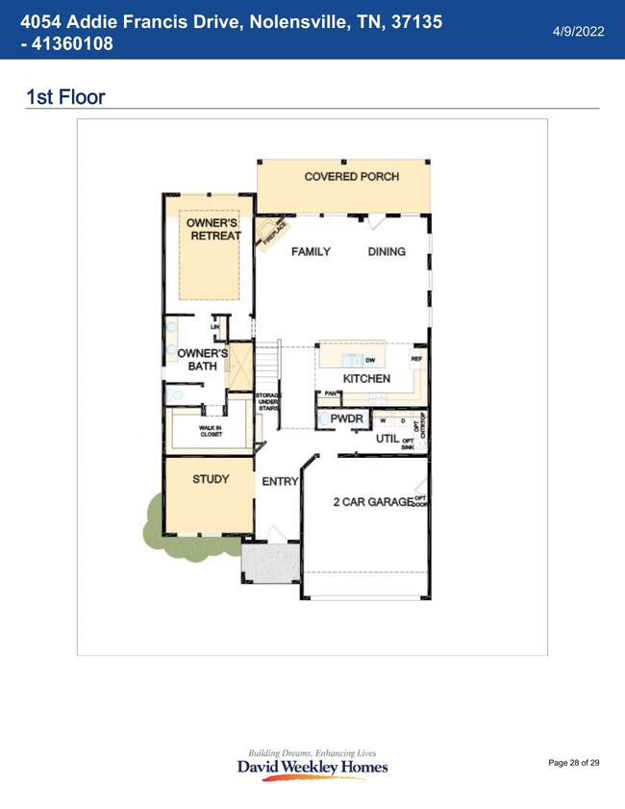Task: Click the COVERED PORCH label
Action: tap(351, 177)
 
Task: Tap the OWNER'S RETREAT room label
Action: tap(212, 230)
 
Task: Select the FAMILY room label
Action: tap(311, 252)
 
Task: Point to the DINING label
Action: tap(387, 252)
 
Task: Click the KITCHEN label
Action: tap(366, 379)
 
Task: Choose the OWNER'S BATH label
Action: tap(202, 360)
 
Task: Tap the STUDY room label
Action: tap(210, 479)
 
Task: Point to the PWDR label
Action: tap(345, 419)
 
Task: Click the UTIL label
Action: tap(387, 439)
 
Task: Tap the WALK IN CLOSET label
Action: tap(211, 431)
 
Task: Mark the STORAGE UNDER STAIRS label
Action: tap(267, 402)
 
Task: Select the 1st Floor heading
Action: tap(65, 97)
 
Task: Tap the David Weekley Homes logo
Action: tap(312, 765)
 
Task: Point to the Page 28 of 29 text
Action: tap(573, 763)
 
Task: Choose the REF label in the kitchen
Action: tap(416, 359)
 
